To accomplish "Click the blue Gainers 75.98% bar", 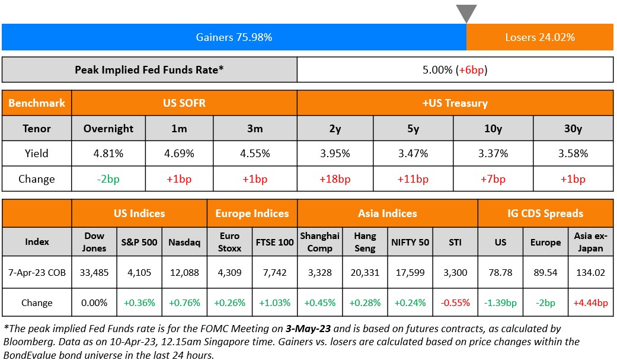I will (234, 37).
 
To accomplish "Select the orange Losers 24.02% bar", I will (539, 37).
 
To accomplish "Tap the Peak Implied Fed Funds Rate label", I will (149, 70).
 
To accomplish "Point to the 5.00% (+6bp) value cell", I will (455, 70).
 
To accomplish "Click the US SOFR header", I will (184, 103).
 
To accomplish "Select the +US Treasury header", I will (455, 103).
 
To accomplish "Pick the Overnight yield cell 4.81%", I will (108, 154).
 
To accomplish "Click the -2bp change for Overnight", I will (108, 179).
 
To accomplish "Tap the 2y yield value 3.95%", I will (334, 154).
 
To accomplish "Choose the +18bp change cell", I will (334, 179).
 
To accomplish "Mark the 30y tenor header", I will (573, 128).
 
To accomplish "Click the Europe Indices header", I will (252, 214).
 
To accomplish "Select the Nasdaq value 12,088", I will (184, 273).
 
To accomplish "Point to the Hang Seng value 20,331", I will (365, 273).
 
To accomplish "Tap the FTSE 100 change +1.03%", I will (274, 302).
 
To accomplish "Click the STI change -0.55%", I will (455, 302).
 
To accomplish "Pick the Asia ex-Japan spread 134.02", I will (590, 273).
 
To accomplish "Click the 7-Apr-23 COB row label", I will (37, 273).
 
